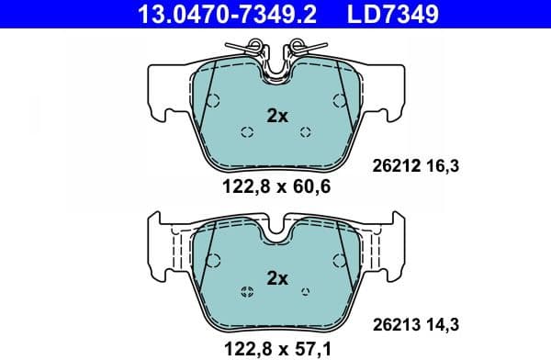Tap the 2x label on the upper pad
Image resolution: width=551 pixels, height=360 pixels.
(x=276, y=117)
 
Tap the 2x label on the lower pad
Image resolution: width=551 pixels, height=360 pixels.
(x=276, y=277)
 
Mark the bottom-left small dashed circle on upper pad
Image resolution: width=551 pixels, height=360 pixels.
(x=246, y=132)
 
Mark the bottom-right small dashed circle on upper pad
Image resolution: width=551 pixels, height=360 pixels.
(x=306, y=132)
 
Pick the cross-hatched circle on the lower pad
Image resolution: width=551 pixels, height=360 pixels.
(x=246, y=293)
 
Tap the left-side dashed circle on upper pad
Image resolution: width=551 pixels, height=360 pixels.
(x=211, y=100)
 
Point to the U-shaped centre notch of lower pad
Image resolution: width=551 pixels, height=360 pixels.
(x=276, y=233)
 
